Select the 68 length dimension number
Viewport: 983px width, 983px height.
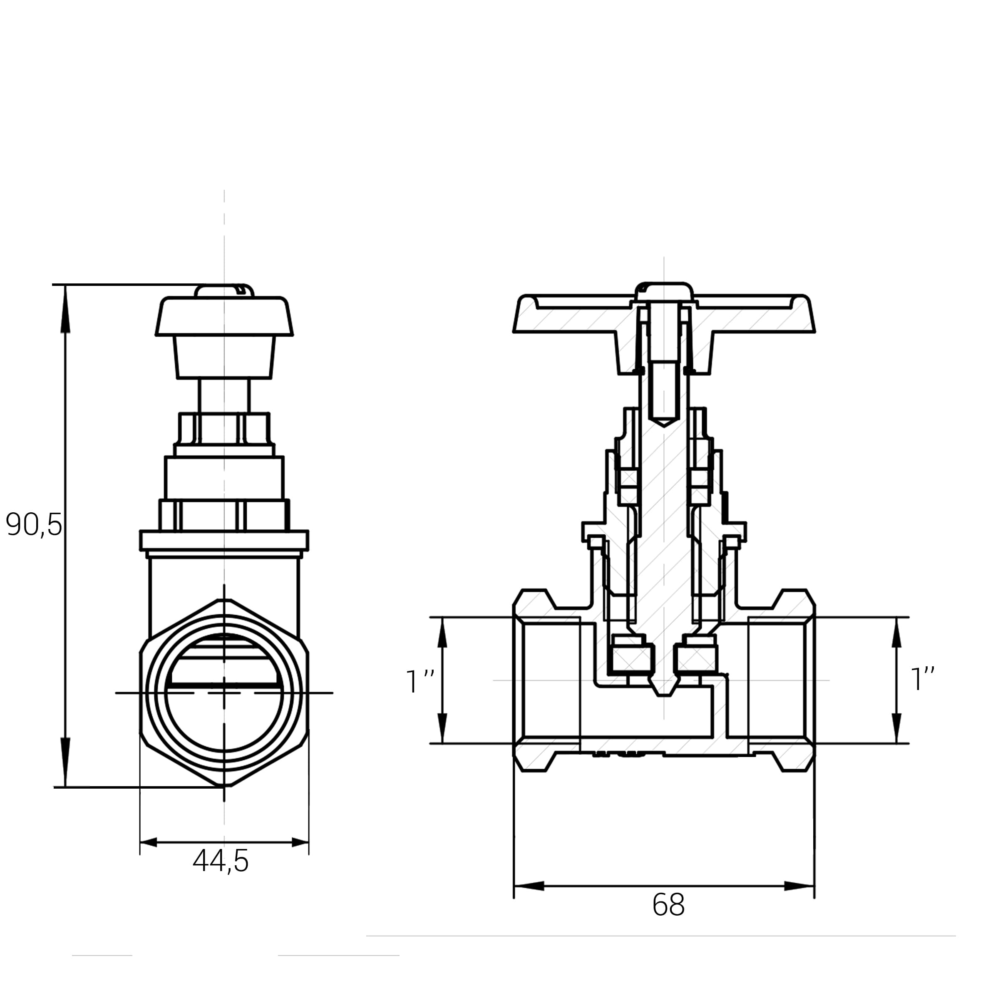coord(668,905)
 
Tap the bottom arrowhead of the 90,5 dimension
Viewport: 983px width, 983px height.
coord(65,762)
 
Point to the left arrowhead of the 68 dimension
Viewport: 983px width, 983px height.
coord(529,886)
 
